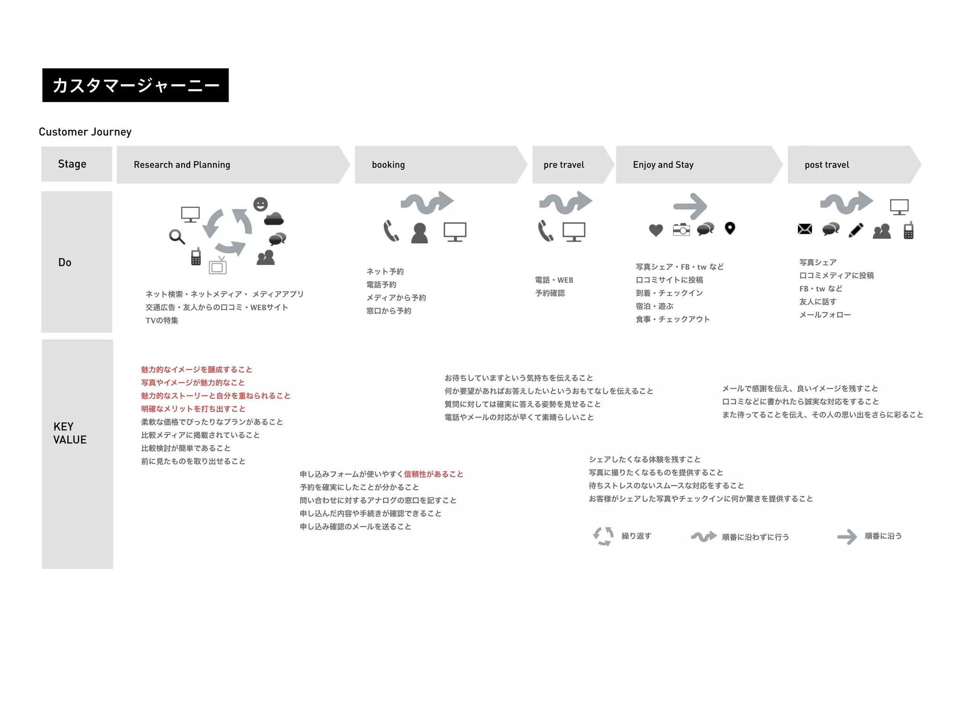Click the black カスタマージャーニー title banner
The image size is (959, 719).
pos(135,85)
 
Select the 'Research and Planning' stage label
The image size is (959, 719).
pos(182,165)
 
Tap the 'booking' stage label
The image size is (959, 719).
pos(388,165)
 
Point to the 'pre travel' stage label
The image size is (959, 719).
pos(564,165)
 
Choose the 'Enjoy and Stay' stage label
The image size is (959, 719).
pos(663,165)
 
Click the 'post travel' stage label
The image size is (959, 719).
pos(826,165)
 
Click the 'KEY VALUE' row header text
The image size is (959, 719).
pos(70,433)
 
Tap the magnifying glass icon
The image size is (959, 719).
pos(177,237)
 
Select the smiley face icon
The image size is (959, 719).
pos(260,204)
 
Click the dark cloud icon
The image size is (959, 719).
pos(273,219)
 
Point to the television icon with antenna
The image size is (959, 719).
pos(218,265)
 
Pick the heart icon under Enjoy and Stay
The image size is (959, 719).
pos(656,230)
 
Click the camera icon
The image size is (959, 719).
pos(681,229)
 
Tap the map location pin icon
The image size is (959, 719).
pos(730,228)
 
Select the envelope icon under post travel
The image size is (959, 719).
pos(804,229)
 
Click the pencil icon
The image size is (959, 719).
pos(856,230)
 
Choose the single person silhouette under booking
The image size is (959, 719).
pos(420,233)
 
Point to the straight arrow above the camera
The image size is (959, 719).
pos(690,206)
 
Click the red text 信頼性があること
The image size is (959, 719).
pos(434,474)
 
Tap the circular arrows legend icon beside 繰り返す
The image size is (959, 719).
pos(603,536)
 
